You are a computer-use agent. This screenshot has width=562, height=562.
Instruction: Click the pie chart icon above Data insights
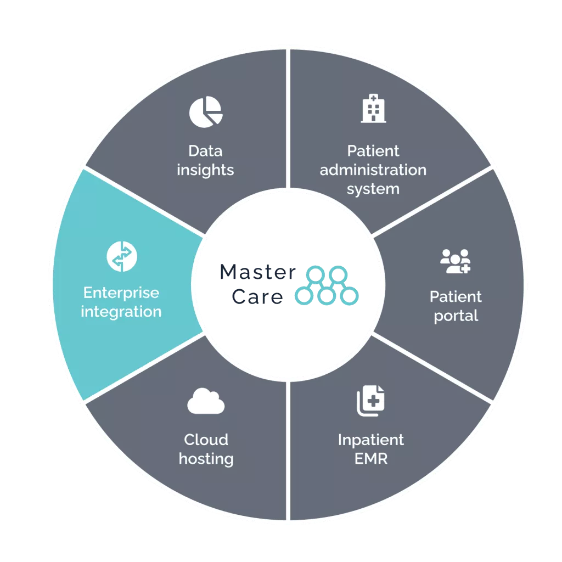coord(206,112)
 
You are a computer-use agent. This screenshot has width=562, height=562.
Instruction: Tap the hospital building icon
coord(373,108)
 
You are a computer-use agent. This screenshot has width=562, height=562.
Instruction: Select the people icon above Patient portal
coord(456,262)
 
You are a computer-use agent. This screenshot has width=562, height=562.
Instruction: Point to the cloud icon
coord(206,403)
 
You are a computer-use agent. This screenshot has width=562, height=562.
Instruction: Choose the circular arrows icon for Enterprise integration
coord(121,256)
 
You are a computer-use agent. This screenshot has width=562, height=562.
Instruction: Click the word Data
coord(205,150)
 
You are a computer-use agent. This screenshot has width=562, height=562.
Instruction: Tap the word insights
coord(205,170)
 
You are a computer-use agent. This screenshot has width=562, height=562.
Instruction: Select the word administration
coord(373,170)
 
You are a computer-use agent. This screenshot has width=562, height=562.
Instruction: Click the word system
coord(373,189)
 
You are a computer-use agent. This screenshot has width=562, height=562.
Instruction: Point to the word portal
coord(456,316)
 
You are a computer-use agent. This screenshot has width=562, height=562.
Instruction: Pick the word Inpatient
coord(371,440)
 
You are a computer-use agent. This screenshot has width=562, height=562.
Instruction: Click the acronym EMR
coord(371,458)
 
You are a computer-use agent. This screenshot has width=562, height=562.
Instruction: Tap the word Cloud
coord(206,440)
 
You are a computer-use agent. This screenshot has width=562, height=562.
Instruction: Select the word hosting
coord(206,458)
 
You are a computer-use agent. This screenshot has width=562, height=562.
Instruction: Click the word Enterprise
coord(121,293)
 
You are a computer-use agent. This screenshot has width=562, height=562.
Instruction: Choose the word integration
coord(121,312)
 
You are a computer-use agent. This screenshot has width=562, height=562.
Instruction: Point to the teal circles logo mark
coord(327,285)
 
